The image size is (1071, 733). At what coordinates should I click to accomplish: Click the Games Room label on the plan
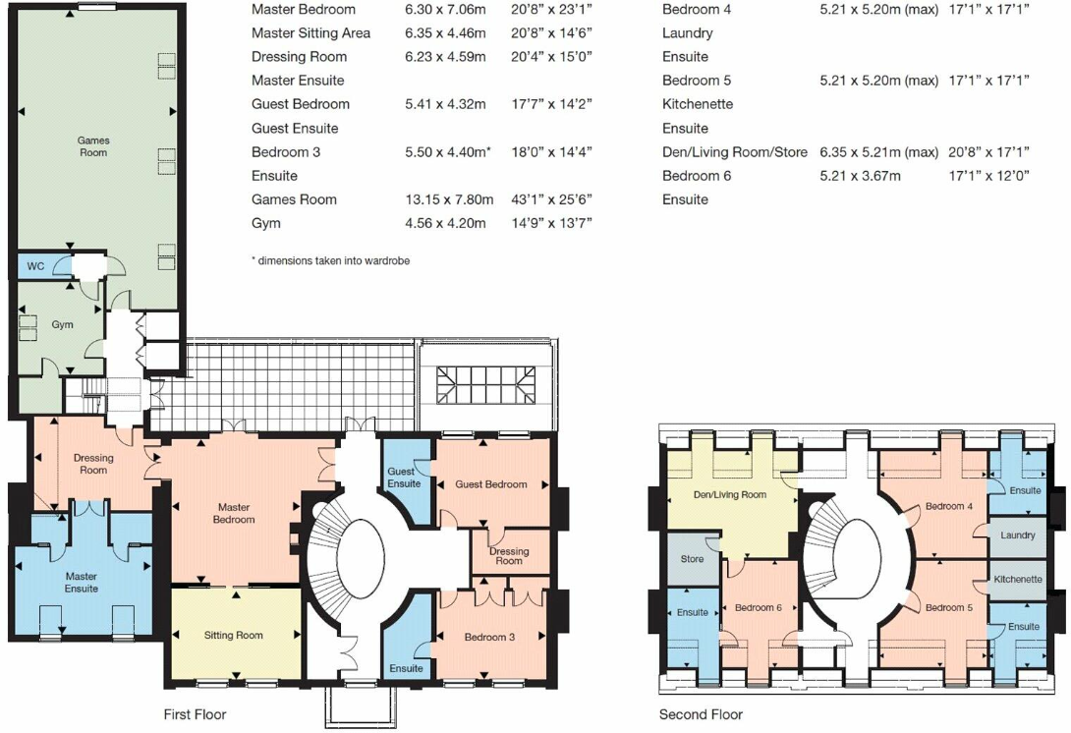pos(93,146)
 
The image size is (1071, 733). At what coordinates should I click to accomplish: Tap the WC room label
pos(35,266)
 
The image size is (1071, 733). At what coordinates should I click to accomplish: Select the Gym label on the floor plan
pos(62,324)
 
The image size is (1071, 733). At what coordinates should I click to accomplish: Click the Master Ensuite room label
pos(82,582)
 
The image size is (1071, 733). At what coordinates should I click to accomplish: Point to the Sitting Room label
pos(233,635)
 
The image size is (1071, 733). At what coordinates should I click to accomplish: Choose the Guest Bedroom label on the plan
pos(490,484)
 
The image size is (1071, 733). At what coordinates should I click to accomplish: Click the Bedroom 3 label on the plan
pos(489,637)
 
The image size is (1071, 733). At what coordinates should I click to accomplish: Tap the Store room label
pos(692,559)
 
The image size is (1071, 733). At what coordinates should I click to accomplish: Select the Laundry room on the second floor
pos(1017,536)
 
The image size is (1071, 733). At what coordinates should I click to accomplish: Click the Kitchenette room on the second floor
pos(1017,579)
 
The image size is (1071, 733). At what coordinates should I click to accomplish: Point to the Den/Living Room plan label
pos(729,494)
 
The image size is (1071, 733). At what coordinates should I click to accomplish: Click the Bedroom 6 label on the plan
pos(759,607)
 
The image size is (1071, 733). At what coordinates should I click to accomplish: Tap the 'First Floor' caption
pos(195,714)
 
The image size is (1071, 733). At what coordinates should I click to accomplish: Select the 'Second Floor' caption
pos(701,714)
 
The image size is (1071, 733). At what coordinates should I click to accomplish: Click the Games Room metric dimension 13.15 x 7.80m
pos(445,199)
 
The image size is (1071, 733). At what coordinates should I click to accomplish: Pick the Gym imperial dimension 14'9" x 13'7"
pos(551,223)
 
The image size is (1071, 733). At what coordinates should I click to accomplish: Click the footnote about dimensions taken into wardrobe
pos(330,260)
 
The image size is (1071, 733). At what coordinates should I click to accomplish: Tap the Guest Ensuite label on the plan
pos(403,478)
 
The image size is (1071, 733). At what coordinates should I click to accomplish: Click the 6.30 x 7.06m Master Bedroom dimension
pos(445,10)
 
